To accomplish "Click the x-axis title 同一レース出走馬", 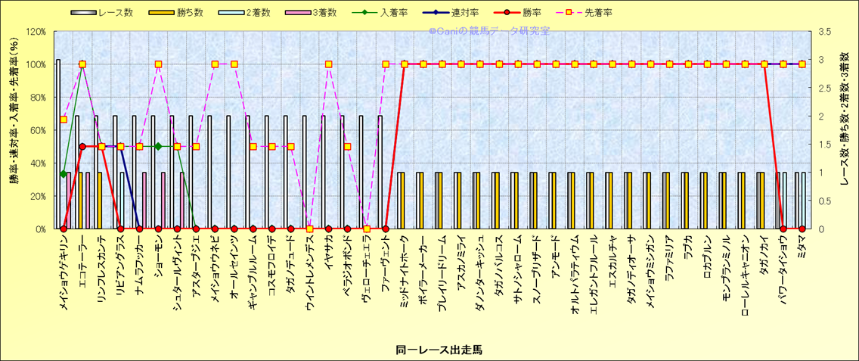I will click(x=439, y=350).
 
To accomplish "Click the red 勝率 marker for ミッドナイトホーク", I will click(x=405, y=64).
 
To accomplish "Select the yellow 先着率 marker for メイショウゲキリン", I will click(x=64, y=120).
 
